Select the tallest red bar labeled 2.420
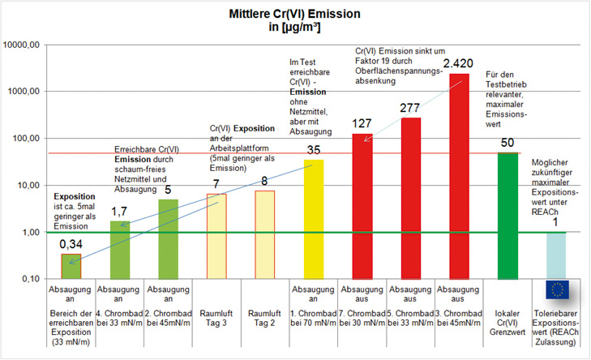tap(458, 174)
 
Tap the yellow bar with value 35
tap(313, 219)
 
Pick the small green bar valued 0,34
tap(71, 267)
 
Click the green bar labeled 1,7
tap(120, 250)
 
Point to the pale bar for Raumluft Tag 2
tap(265, 234)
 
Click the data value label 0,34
tap(71, 244)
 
